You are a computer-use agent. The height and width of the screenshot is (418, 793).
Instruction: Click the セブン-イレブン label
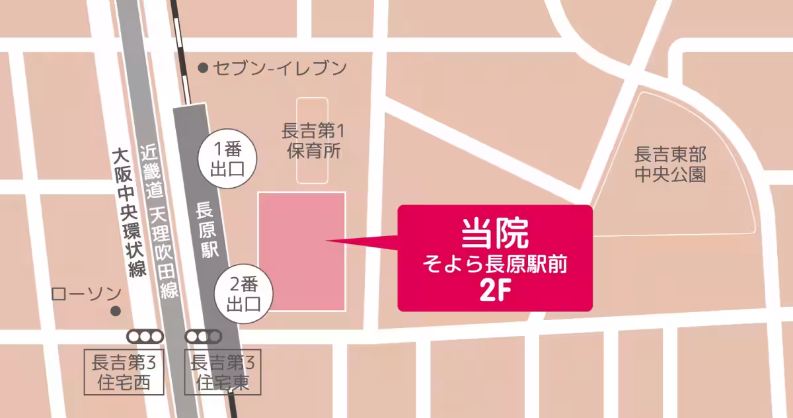coord(280,67)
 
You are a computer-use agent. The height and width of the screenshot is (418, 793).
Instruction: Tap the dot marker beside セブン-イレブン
coord(204,67)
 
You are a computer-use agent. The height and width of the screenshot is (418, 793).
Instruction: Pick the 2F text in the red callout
coord(496,292)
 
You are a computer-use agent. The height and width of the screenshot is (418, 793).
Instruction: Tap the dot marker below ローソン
coord(116,310)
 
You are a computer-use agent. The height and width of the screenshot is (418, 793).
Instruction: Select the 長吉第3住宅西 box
coord(125,372)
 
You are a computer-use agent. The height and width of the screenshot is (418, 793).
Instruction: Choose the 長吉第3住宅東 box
coord(221,372)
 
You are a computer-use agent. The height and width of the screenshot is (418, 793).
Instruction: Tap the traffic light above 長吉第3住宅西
coord(145,337)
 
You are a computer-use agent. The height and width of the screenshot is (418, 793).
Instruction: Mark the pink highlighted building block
coord(301,251)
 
